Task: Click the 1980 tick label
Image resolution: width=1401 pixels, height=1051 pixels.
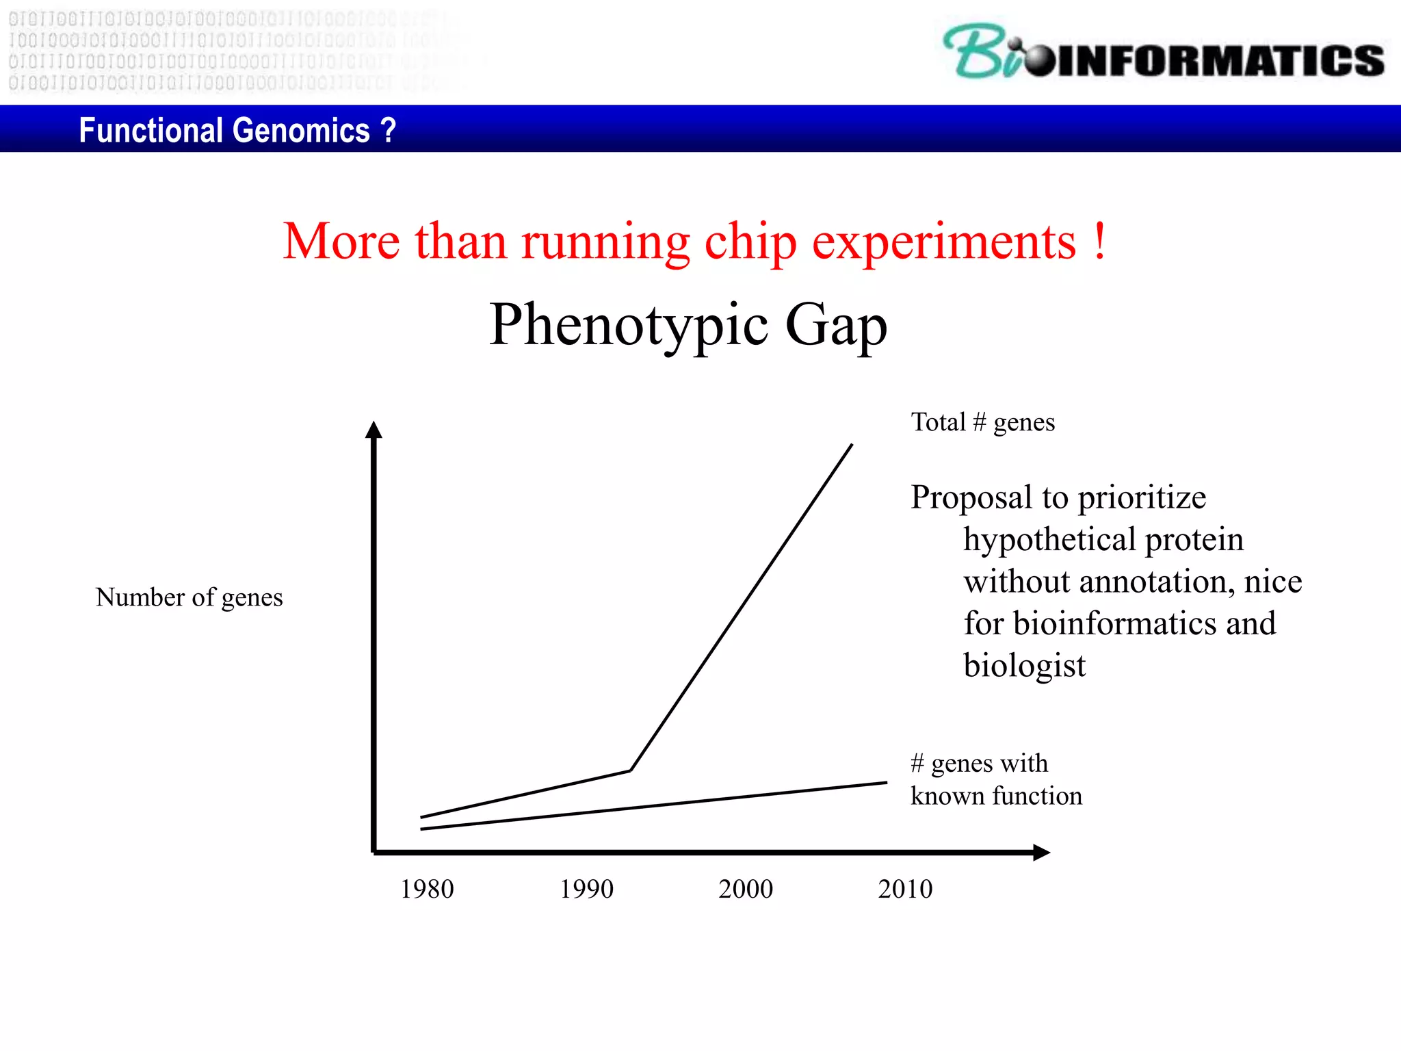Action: click(427, 889)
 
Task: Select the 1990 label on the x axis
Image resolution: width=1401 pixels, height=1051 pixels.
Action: click(586, 889)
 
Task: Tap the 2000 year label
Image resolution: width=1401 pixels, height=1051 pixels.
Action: click(746, 889)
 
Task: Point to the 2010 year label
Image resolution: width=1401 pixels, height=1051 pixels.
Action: click(905, 889)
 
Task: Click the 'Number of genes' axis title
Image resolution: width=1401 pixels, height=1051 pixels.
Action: click(189, 597)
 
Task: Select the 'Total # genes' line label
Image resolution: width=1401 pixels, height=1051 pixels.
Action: click(982, 422)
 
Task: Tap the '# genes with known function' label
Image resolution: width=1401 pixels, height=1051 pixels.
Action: click(995, 779)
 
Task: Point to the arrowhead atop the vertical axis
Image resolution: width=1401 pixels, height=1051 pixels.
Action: click(374, 430)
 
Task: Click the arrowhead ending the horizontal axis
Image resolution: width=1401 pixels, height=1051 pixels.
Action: click(1040, 852)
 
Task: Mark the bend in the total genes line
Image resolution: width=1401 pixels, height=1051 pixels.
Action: click(631, 770)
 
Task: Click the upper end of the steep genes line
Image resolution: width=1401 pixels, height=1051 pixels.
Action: click(851, 445)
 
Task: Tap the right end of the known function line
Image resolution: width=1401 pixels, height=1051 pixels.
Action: click(886, 783)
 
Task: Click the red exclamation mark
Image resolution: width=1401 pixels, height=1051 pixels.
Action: click(1099, 241)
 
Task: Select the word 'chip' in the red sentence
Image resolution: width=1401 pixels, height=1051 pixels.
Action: click(750, 242)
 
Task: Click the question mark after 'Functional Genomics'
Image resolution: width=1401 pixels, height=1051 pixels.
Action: click(388, 130)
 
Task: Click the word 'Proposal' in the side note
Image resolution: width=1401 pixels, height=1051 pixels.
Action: click(971, 497)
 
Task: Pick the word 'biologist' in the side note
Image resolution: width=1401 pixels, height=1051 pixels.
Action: click(1024, 665)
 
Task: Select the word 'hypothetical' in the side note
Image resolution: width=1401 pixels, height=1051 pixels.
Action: click(1049, 539)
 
